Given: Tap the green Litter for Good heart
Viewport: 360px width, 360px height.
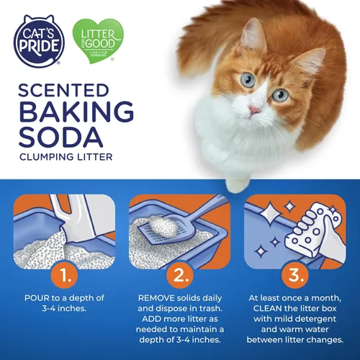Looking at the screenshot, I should tap(98, 42).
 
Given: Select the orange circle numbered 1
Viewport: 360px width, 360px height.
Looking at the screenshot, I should tap(63, 274).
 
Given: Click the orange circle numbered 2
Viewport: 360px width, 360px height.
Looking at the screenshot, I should tap(179, 274).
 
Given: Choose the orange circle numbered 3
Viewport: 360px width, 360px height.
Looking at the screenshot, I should tap(295, 274).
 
